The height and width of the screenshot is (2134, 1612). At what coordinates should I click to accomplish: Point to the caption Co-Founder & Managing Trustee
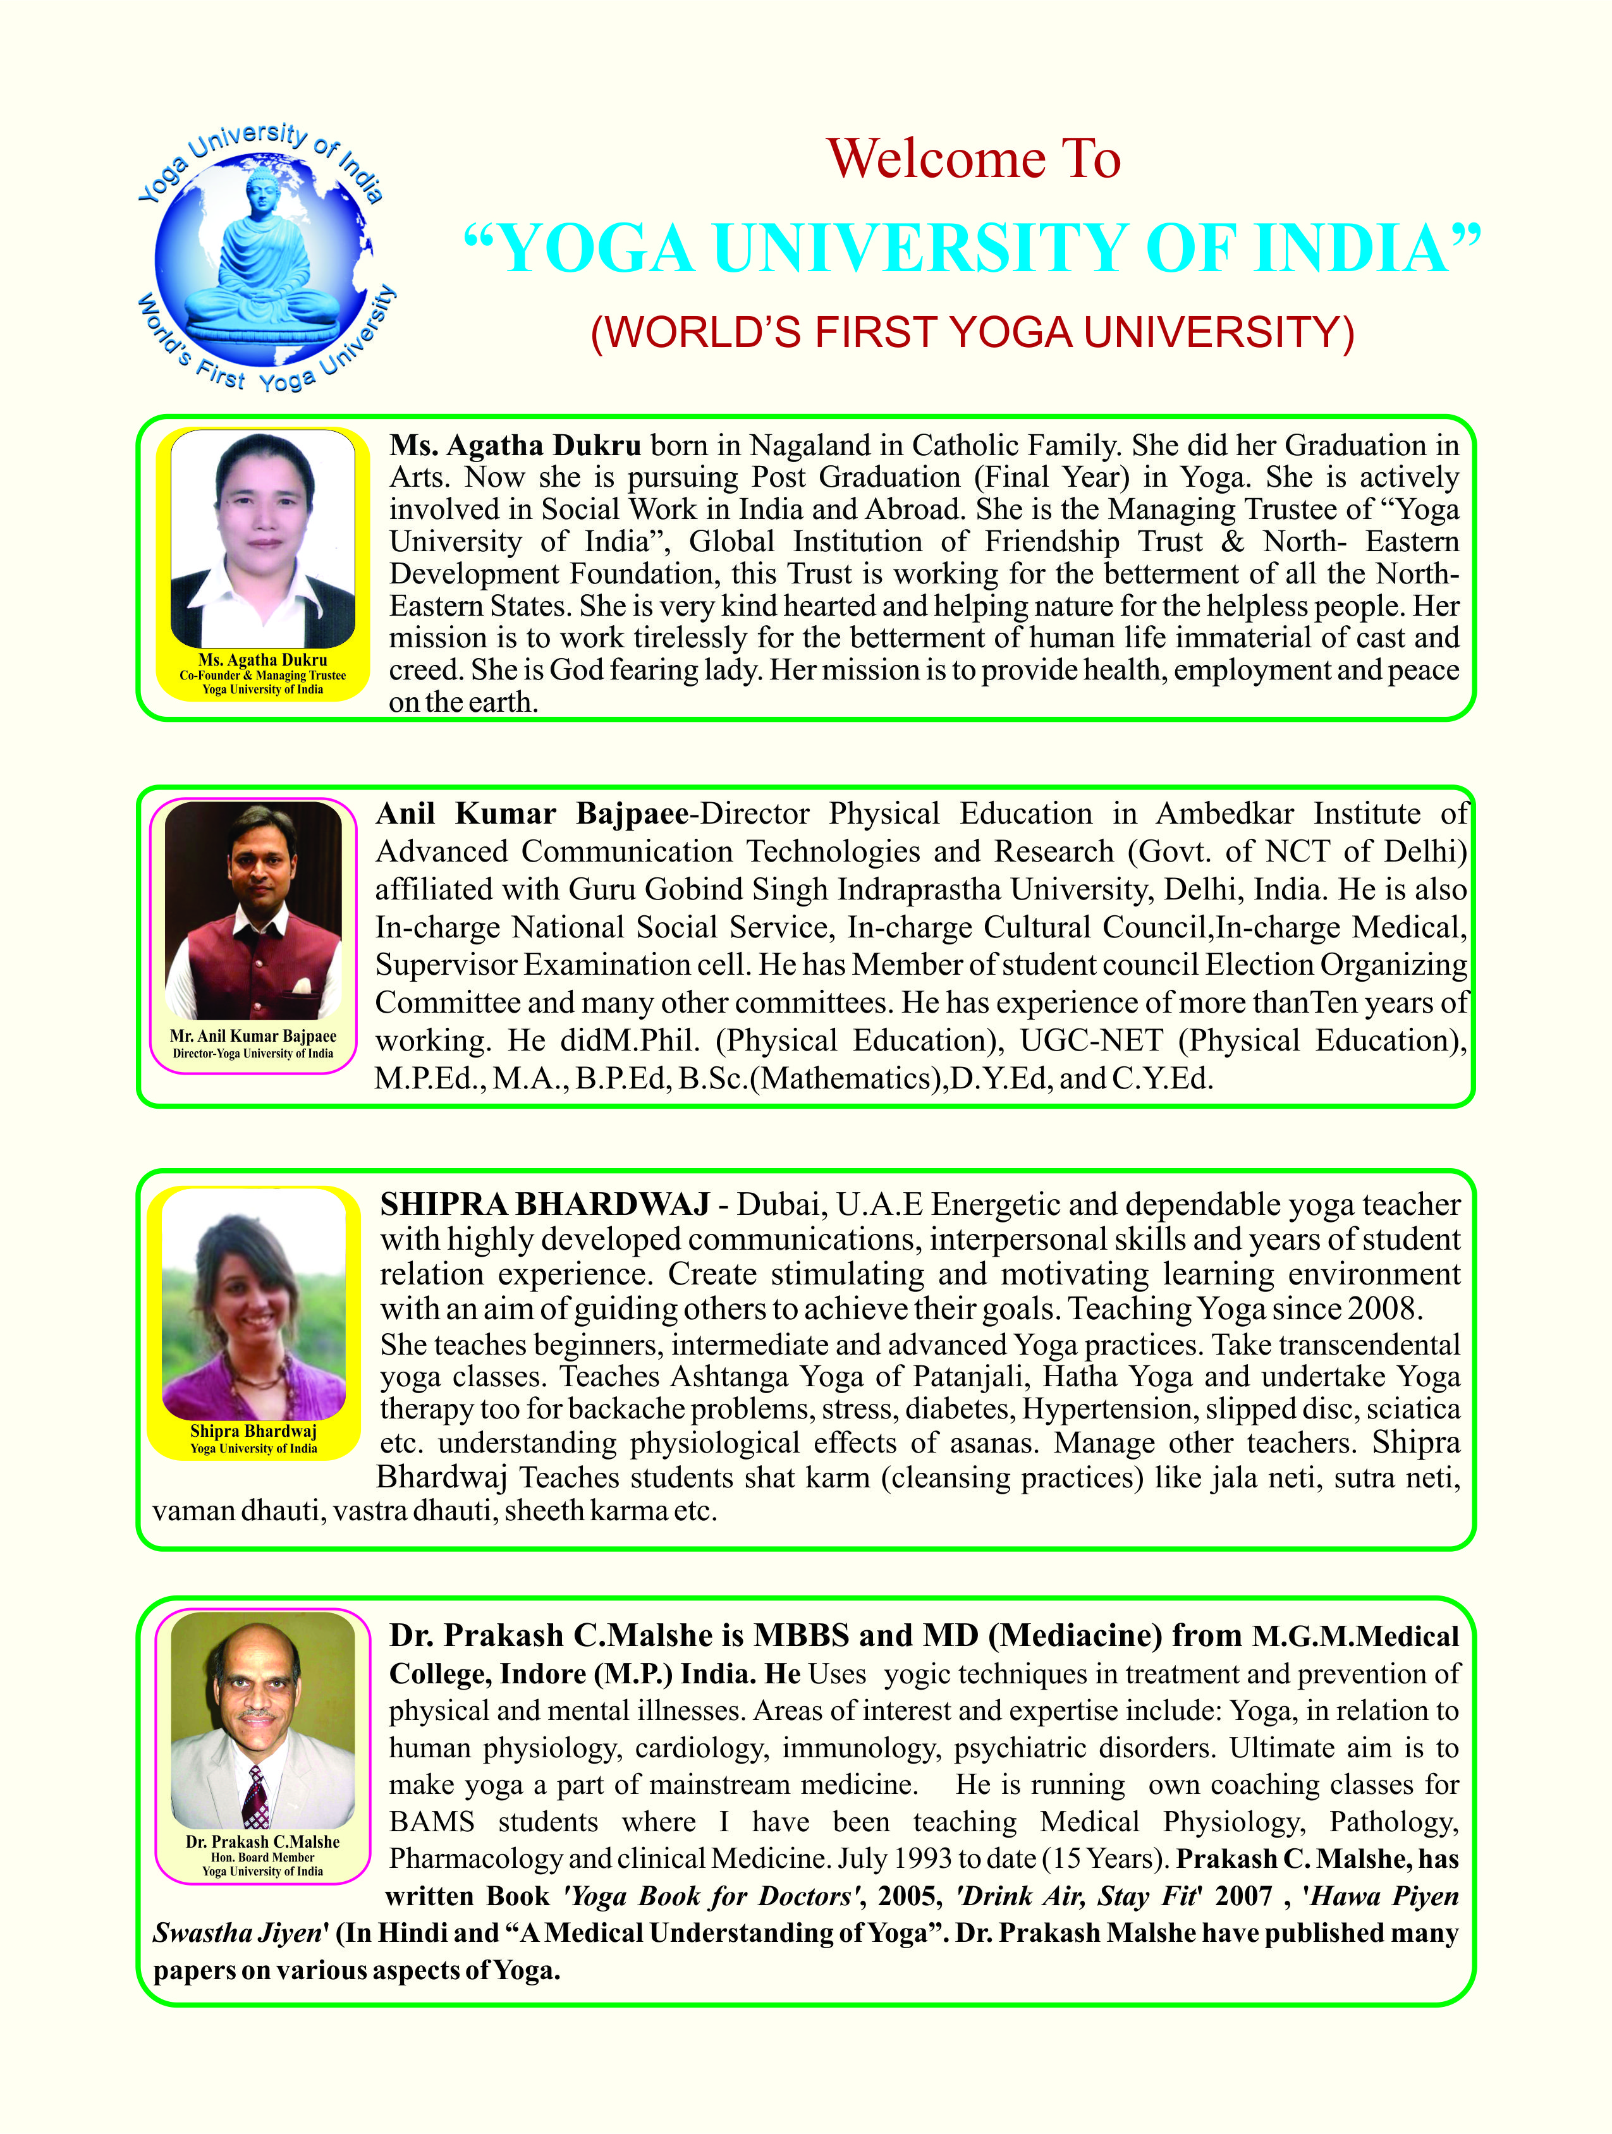pos(262,675)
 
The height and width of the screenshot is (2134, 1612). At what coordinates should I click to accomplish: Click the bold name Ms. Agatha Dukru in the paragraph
pos(515,446)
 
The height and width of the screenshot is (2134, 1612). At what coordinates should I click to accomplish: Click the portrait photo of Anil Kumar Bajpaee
pos(253,910)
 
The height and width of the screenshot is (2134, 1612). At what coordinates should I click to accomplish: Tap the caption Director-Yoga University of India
pos(253,1054)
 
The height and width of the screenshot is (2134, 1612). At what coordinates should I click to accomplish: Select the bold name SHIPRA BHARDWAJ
pos(545,1205)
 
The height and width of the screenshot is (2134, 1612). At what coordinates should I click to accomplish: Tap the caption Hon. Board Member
pos(262,1857)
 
